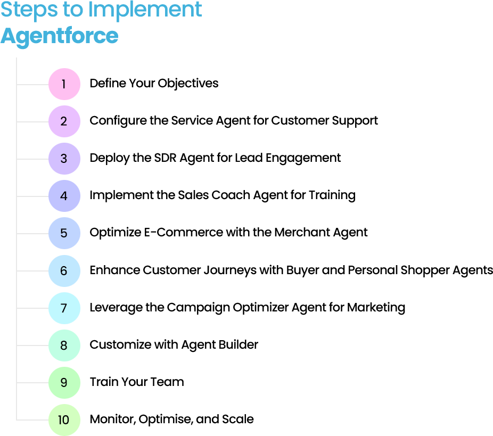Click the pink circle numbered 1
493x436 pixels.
64,84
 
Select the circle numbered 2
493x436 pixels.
64,121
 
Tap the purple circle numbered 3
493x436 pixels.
64,159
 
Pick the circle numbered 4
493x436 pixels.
64,196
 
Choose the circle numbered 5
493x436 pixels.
64,233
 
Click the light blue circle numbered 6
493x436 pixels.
64,271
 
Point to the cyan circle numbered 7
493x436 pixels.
64,308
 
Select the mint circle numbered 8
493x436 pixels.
64,345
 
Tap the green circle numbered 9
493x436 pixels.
64,383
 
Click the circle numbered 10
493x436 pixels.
64,420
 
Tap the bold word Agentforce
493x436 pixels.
59,36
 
